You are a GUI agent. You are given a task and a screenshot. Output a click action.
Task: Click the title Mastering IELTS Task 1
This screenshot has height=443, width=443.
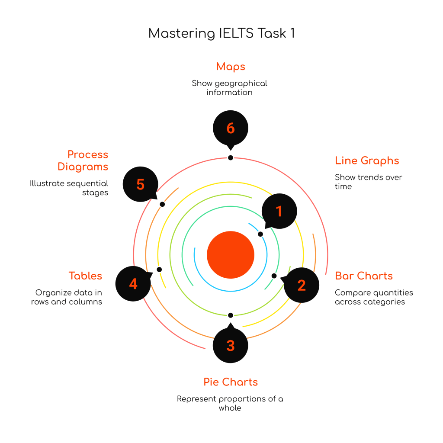[x=221, y=34]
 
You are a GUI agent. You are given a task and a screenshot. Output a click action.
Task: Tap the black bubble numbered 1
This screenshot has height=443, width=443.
[x=279, y=211]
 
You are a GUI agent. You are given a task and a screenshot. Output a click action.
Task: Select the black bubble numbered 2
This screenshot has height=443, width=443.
[x=302, y=285]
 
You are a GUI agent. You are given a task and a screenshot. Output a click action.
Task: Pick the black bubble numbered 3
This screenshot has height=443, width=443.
[x=231, y=345]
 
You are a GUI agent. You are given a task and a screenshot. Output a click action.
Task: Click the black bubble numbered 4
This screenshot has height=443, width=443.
[x=133, y=284]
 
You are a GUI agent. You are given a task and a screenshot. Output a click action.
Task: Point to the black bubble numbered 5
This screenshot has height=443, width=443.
[x=140, y=184]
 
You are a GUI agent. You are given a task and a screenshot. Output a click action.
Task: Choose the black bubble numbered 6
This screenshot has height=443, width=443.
[x=231, y=128]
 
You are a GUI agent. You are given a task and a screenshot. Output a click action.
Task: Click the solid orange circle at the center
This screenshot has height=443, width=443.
[x=231, y=255]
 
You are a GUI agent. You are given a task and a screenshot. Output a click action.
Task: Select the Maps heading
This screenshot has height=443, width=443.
[x=231, y=67]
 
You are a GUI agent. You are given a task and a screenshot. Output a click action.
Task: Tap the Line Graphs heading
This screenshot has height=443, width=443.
[x=367, y=161]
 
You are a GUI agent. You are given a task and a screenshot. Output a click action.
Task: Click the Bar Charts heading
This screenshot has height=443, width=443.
[x=364, y=276]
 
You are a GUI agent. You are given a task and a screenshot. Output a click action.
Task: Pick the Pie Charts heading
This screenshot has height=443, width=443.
[x=231, y=382]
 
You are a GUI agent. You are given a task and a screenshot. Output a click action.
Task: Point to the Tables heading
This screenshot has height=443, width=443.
[x=85, y=276]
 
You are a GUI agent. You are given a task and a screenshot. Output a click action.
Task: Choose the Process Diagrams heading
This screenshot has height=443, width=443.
[x=83, y=161]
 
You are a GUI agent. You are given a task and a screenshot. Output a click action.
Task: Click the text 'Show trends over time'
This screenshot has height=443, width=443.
[x=368, y=182]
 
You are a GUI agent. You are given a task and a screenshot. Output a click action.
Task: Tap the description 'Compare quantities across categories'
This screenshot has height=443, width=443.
[x=374, y=297]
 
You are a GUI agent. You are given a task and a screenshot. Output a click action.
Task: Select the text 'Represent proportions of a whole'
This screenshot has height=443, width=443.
[x=230, y=403]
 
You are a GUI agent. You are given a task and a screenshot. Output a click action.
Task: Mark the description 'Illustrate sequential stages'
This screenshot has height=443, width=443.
[x=69, y=188]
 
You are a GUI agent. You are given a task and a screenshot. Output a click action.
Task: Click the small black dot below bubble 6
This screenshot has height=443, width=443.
[x=231, y=158]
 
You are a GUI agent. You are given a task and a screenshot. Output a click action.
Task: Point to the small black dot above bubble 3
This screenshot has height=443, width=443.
[x=231, y=315]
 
